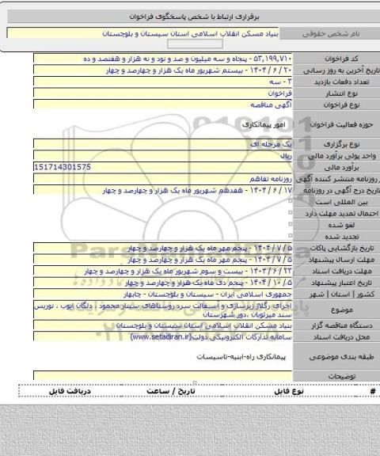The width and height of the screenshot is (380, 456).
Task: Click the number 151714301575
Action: (x=63, y=168)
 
